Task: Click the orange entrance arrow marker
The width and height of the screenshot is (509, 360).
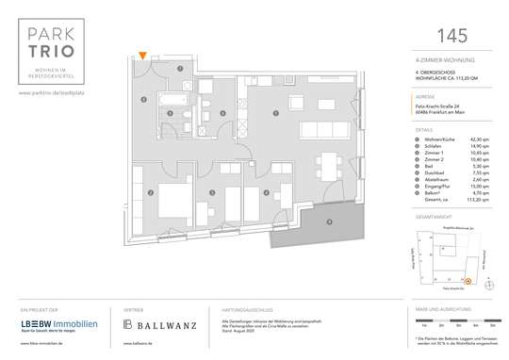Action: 141,57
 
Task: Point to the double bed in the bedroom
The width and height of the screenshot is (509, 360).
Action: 168,201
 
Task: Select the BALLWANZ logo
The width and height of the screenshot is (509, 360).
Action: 160,325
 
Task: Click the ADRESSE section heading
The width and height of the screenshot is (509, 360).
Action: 424,96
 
